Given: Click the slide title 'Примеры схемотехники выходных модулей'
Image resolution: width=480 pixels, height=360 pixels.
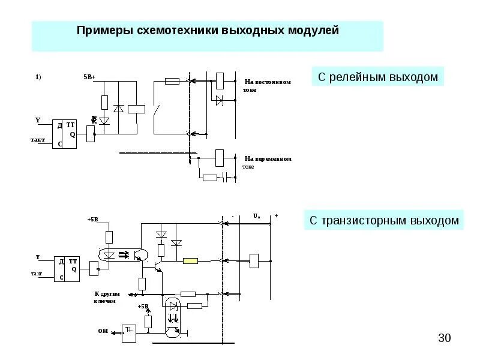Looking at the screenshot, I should tap(208, 30).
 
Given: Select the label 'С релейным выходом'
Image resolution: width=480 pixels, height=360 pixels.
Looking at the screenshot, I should tap(378, 77).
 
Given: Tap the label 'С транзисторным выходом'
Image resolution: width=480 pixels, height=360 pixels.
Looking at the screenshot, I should tap(384, 220).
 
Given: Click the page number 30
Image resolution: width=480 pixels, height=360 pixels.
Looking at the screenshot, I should tap(444, 338).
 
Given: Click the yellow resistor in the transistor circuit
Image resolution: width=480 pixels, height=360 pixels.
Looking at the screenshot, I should tap(191, 260).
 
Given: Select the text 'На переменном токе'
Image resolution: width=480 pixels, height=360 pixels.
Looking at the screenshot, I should tap(268, 162).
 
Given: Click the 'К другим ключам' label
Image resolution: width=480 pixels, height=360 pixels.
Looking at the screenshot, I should tap(108, 297).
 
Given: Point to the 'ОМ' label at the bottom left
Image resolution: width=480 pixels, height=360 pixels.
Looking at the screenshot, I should tap(103, 331).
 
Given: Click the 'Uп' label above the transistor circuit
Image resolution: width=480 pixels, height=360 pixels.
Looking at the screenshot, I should tap(256, 215).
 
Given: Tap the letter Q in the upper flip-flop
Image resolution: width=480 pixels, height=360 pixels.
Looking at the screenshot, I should tap(73, 134).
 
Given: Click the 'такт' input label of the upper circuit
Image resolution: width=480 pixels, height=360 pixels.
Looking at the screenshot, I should tap(38, 139).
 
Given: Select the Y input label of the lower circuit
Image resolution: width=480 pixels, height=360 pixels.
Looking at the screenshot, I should tap(37, 257).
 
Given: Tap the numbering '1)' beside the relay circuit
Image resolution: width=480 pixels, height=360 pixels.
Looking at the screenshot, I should tap(38, 77).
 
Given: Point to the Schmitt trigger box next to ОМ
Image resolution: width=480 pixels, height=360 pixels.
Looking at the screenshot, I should tap(129, 332).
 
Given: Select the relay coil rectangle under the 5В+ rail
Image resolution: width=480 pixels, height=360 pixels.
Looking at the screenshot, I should tap(138, 109).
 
